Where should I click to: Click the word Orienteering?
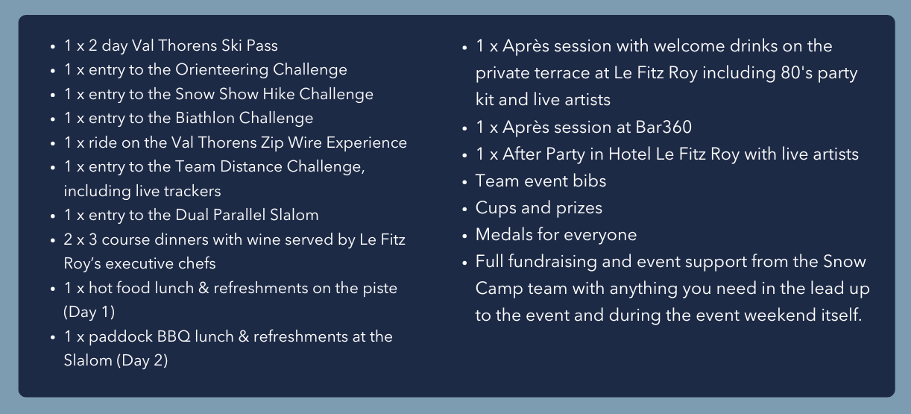pyautogui.click(x=221, y=70)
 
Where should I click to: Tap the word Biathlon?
pyautogui.click(x=204, y=118)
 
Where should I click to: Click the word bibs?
pyautogui.click(x=589, y=181)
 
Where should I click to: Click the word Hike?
pyautogui.click(x=279, y=94)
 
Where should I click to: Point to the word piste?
pyautogui.click(x=380, y=289)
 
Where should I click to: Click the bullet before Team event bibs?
pyautogui.click(x=465, y=181)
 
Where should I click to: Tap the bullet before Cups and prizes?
pyautogui.click(x=465, y=208)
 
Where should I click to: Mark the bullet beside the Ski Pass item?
pyautogui.click(x=53, y=47)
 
